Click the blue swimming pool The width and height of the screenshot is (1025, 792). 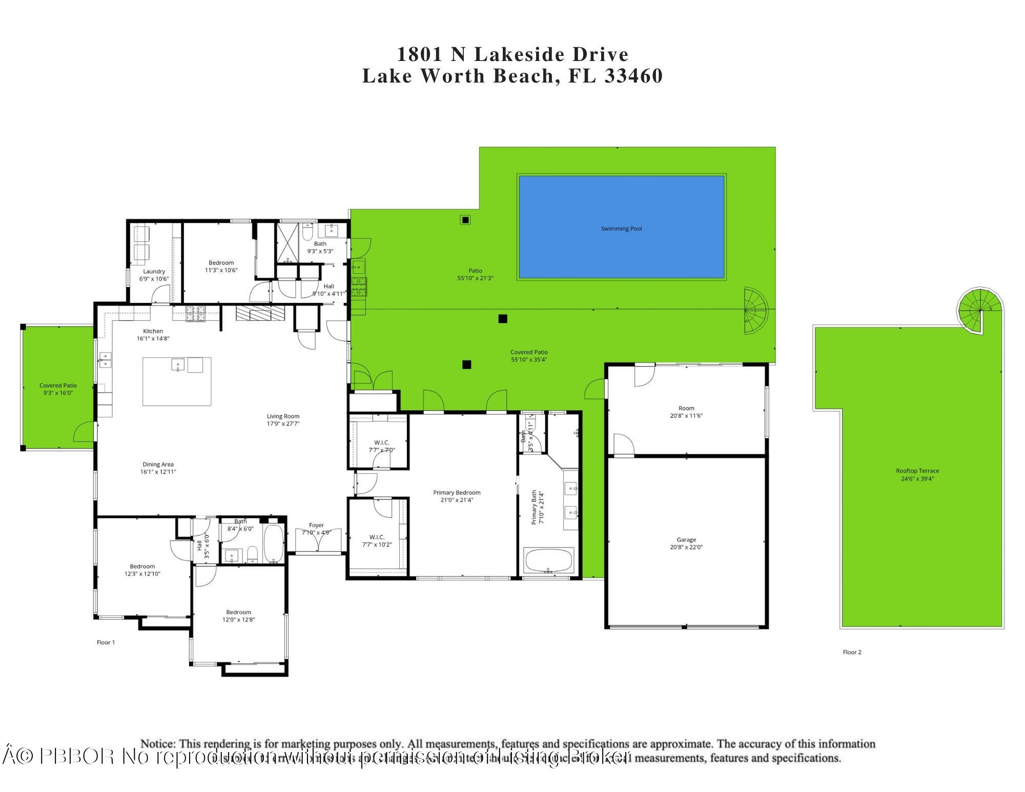pos(621,227)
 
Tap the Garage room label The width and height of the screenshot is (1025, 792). pos(686,540)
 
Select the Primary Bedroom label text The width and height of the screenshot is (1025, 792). pos(457,493)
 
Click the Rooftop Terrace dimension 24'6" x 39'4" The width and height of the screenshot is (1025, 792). pos(917,479)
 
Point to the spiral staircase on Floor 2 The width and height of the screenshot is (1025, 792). pos(979,311)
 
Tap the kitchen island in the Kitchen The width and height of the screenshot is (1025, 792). pos(177,381)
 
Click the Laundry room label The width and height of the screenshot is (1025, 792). pos(154,272)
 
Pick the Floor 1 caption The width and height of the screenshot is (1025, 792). pos(106,642)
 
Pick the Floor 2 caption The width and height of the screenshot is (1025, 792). pos(852,652)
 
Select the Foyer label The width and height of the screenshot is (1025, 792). pos(316,525)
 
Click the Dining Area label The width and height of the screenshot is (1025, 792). pos(158,464)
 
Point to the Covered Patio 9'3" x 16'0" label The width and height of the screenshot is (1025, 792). pos(58,389)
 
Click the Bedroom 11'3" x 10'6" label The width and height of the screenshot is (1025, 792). pos(221,267)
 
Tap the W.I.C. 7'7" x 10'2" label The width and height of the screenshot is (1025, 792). pos(377,541)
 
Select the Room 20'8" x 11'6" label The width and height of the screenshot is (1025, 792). pos(686,412)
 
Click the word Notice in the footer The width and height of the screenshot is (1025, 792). pos(158,744)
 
